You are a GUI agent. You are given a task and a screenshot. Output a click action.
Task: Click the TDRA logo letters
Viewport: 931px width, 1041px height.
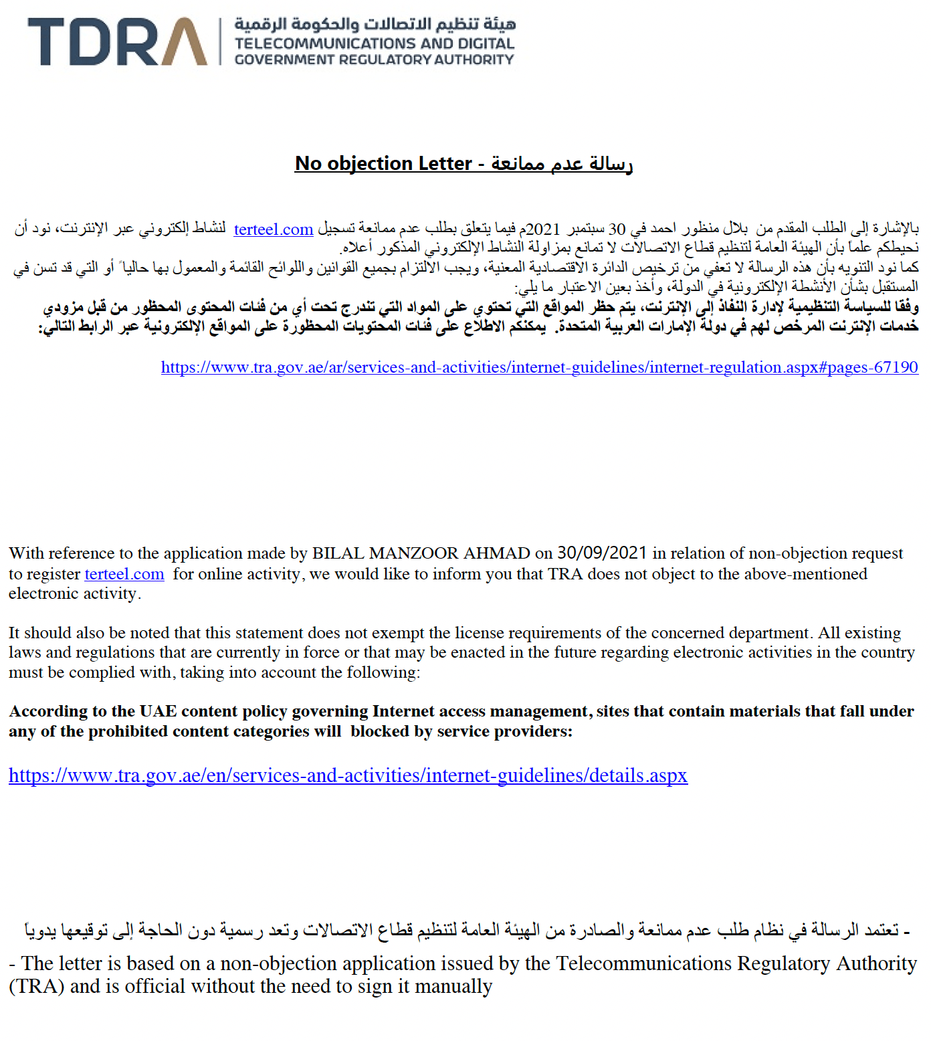point(117,41)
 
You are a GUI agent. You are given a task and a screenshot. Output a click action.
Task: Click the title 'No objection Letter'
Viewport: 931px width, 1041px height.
point(383,163)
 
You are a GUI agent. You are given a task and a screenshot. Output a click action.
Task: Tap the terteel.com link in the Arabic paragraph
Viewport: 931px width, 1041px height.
point(274,229)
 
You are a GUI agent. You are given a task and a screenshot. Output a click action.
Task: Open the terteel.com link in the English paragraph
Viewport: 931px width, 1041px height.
point(124,574)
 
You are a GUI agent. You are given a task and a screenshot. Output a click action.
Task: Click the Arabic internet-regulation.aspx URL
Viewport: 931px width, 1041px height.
point(539,367)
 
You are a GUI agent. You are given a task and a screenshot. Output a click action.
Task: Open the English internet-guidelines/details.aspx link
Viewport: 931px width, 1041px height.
point(348,775)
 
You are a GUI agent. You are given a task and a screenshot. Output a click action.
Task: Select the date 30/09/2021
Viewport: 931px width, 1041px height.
point(602,553)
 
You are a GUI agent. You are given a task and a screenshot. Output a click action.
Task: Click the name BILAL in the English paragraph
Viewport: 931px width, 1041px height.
point(338,554)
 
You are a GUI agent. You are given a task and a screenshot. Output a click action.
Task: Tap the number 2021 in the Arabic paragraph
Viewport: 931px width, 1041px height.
point(543,229)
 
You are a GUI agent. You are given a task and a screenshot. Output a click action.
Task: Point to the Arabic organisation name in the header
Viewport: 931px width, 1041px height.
point(375,25)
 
